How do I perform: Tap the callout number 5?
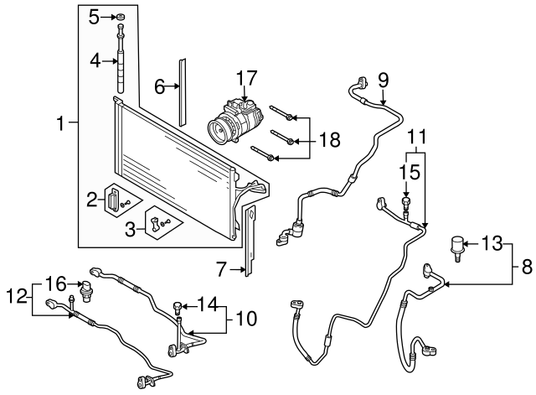tap(95, 16)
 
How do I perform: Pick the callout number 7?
tap(222, 268)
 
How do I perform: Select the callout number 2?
tap(91, 199)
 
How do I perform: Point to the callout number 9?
tap(384, 81)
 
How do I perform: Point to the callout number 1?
tap(60, 125)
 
